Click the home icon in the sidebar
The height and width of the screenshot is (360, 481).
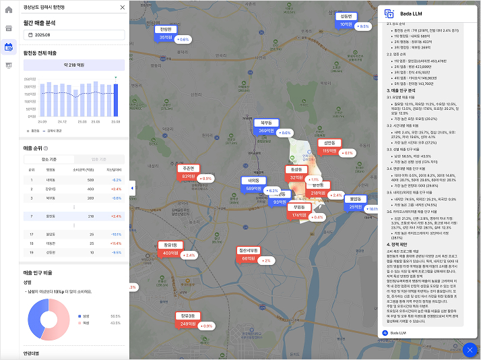click(9, 10)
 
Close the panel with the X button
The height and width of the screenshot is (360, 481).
click(122, 7)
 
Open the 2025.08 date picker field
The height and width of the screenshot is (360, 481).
click(74, 34)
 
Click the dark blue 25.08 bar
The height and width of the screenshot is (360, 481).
click(115, 99)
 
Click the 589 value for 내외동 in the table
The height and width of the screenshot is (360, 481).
click(90, 180)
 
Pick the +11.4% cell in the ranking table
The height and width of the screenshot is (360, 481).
click(115, 242)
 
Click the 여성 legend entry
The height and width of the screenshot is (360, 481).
click(86, 323)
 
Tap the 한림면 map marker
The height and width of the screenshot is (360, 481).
click(166, 34)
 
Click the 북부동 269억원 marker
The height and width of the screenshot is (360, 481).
click(266, 127)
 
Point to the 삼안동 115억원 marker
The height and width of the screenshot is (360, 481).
click(329, 147)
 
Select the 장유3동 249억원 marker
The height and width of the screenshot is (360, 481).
click(187, 320)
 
